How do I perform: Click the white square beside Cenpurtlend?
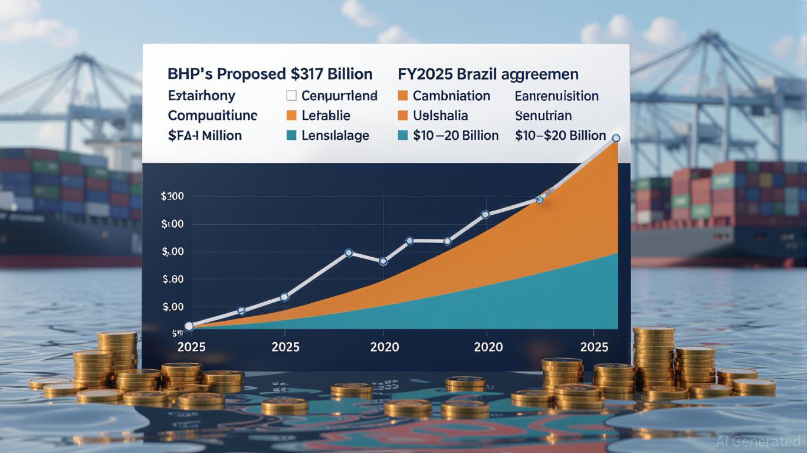pyautogui.click(x=290, y=96)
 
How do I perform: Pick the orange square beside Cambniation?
pyautogui.click(x=403, y=96)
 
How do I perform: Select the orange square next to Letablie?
pyautogui.click(x=290, y=115)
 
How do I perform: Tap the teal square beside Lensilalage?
pyautogui.click(x=290, y=135)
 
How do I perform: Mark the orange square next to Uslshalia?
pyautogui.click(x=403, y=115)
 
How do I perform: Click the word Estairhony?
pyautogui.click(x=201, y=96)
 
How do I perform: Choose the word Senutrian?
pyautogui.click(x=543, y=115)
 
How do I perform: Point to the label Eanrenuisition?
pyautogui.click(x=556, y=96)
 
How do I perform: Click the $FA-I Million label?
pyautogui.click(x=205, y=135)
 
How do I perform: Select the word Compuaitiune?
pyautogui.click(x=212, y=115)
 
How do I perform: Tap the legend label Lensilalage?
pyautogui.click(x=335, y=135)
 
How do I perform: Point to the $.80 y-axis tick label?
pyautogui.click(x=173, y=280)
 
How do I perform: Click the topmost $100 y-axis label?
pyautogui.click(x=172, y=197)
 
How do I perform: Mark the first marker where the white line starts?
pyautogui.click(x=189, y=326)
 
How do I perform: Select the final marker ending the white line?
pyautogui.click(x=616, y=138)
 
